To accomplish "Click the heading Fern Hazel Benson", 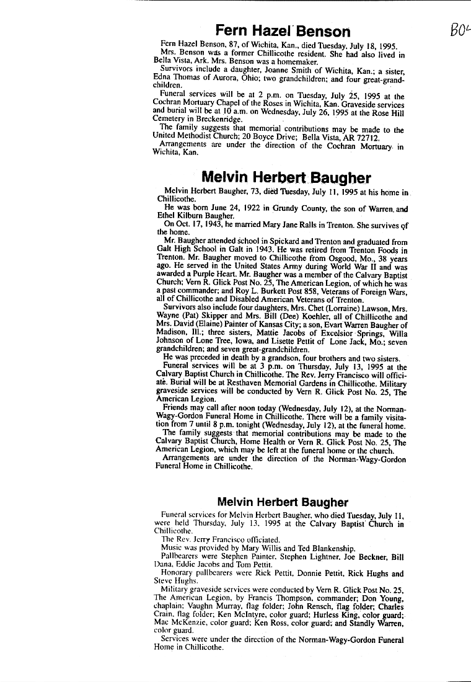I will pyautogui.click(x=282, y=30).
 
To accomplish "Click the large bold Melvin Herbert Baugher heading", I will pyautogui.click(x=286, y=179).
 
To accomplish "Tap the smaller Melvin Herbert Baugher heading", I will pyautogui.click(x=282, y=502).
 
